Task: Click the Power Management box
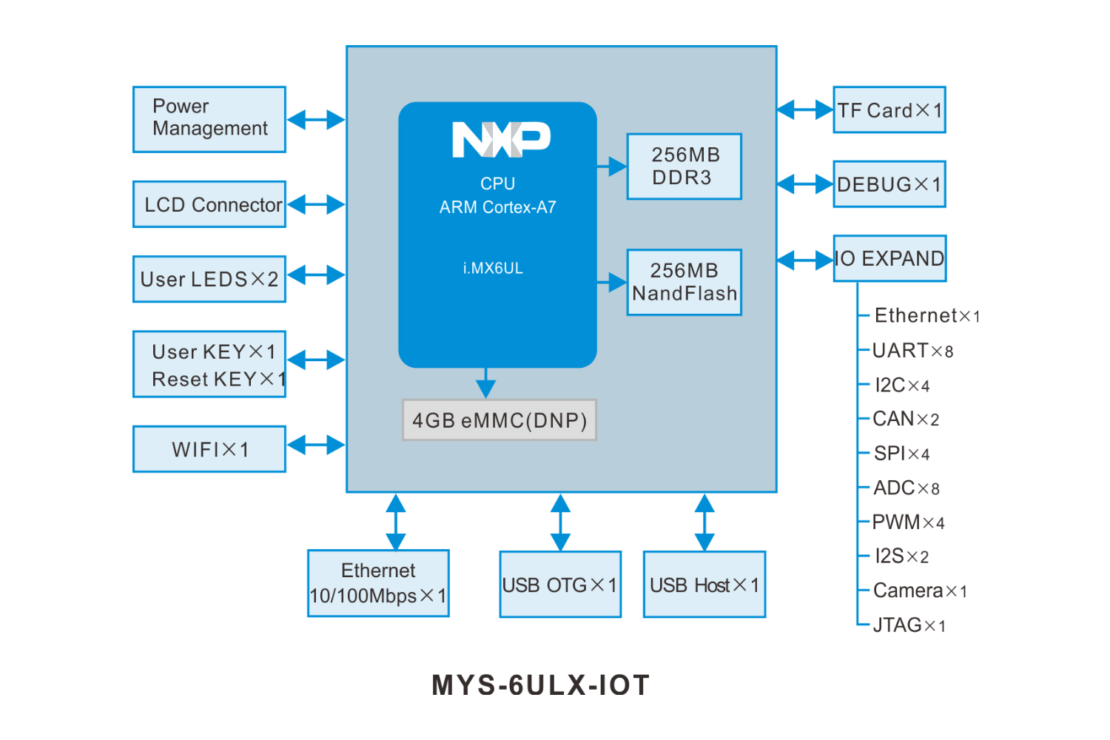pyautogui.click(x=209, y=119)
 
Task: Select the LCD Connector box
pyautogui.click(x=209, y=204)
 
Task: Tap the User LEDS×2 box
pyautogui.click(x=209, y=279)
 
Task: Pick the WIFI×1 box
pyautogui.click(x=209, y=449)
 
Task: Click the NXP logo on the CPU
pyautogui.click(x=501, y=139)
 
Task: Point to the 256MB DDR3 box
pyautogui.click(x=684, y=166)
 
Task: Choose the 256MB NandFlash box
pyautogui.click(x=684, y=282)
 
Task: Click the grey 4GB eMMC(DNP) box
pyautogui.click(x=499, y=420)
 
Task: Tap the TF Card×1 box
pyautogui.click(x=889, y=110)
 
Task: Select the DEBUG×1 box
pyautogui.click(x=889, y=184)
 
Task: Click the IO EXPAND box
pyautogui.click(x=889, y=258)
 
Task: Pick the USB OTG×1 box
pyautogui.click(x=560, y=585)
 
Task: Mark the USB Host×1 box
pyautogui.click(x=704, y=585)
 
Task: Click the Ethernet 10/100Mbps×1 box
pyautogui.click(x=378, y=583)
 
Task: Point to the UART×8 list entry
pyautogui.click(x=912, y=351)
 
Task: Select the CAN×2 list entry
pyautogui.click(x=906, y=420)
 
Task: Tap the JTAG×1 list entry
pyautogui.click(x=909, y=625)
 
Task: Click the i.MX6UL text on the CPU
pyautogui.click(x=493, y=269)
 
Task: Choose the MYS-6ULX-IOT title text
pyautogui.click(x=541, y=685)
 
